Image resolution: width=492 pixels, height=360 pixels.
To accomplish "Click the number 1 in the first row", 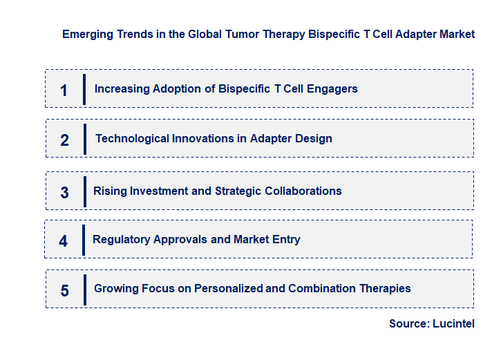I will [64, 90].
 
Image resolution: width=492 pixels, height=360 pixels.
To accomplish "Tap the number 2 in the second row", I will [64, 140].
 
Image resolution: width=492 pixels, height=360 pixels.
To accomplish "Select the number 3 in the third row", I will [64, 193].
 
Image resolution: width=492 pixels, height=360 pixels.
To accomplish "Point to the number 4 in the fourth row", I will [64, 241].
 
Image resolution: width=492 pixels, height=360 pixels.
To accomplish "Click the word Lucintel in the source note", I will [453, 323].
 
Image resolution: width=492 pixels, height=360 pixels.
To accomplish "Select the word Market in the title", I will [457, 34].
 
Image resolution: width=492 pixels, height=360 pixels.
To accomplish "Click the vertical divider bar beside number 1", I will [84, 88].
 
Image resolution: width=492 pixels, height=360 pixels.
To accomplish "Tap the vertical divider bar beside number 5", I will [84, 289].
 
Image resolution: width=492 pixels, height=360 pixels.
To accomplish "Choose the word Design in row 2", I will [314, 138].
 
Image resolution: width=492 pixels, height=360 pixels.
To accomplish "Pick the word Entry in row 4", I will [286, 239].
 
